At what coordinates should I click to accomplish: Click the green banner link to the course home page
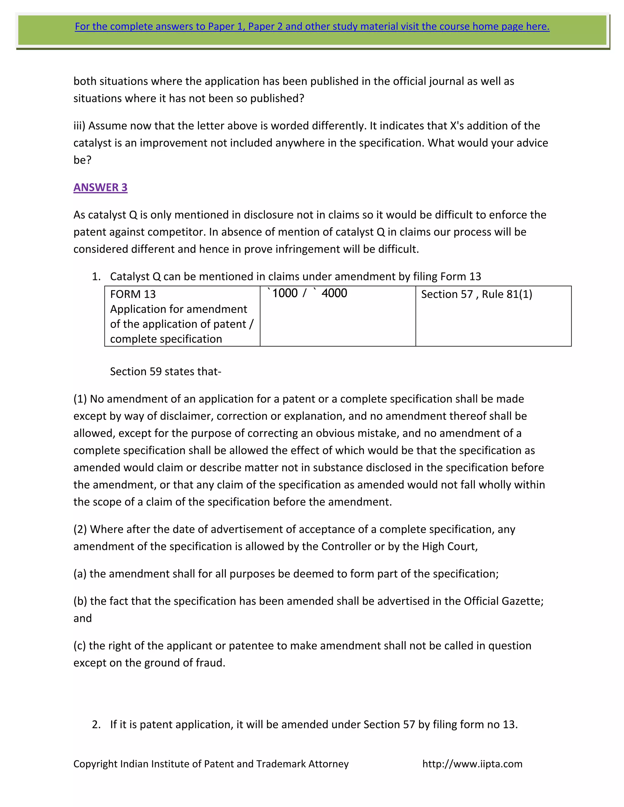tap(312, 26)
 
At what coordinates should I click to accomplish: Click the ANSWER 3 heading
tap(100, 187)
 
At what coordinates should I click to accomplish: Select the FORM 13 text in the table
tap(133, 294)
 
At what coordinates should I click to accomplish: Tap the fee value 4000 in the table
tap(334, 293)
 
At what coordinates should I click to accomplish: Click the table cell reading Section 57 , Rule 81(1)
tap(477, 294)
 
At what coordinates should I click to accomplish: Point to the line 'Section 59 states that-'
tap(165, 371)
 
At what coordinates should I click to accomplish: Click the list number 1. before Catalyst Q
tap(96, 277)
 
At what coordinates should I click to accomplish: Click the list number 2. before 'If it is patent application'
tap(96, 724)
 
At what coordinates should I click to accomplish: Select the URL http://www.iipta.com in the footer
tap(472, 764)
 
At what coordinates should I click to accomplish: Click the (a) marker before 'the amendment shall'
tap(80, 573)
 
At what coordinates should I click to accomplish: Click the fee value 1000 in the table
tap(285, 293)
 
